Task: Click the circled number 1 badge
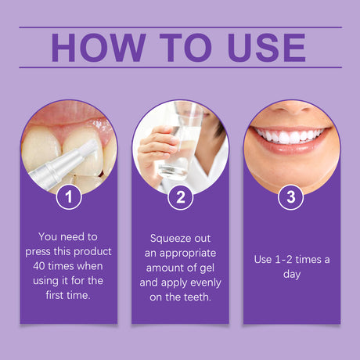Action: coord(69,197)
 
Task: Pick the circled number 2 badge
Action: coord(180,197)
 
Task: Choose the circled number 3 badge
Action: coord(291,197)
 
